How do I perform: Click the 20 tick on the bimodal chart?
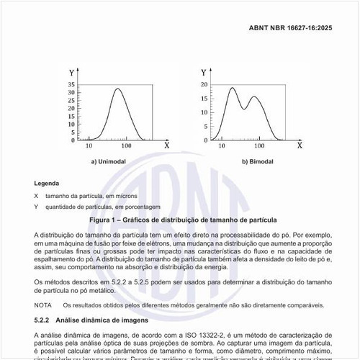click(x=204, y=84)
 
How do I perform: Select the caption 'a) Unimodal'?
click(x=109, y=161)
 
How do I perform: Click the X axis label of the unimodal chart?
click(x=166, y=145)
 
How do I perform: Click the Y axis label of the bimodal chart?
click(x=204, y=73)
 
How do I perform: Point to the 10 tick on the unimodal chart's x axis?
click(x=89, y=145)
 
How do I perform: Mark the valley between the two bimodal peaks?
click(x=245, y=109)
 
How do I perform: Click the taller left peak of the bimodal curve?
click(x=232, y=89)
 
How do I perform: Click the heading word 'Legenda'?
click(x=47, y=184)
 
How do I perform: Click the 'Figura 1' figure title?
click(x=180, y=219)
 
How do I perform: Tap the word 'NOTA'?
click(x=42, y=305)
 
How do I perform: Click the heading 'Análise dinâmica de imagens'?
click(x=104, y=318)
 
